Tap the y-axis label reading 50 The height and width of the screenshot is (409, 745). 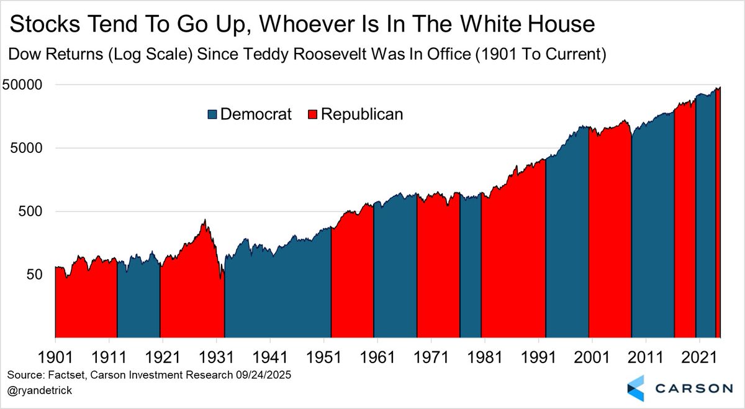(x=37, y=275)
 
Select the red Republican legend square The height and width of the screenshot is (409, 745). (x=313, y=114)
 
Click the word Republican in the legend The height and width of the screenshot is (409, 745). (x=361, y=114)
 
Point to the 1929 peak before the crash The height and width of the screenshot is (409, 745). (x=204, y=220)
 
